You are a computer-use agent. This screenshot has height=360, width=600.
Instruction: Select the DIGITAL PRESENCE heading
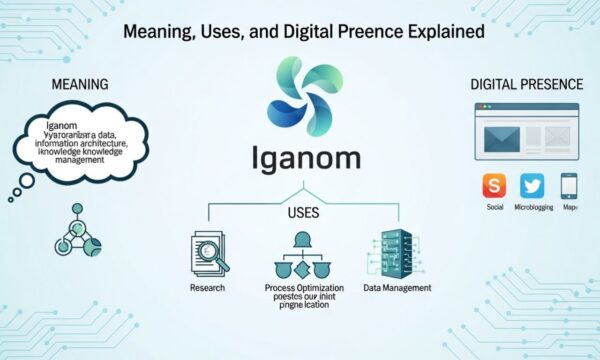(526, 84)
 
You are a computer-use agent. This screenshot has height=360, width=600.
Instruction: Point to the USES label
(302, 214)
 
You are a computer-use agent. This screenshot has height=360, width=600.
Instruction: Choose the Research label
(207, 288)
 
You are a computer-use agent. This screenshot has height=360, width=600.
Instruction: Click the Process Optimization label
(302, 288)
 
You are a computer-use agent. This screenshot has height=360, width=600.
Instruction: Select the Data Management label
(398, 288)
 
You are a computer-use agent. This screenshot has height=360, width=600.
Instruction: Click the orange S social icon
(494, 186)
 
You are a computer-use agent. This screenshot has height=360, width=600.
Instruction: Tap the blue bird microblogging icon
(531, 186)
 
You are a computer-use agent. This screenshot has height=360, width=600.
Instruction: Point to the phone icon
(569, 186)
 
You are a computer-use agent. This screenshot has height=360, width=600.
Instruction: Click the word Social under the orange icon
(494, 208)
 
